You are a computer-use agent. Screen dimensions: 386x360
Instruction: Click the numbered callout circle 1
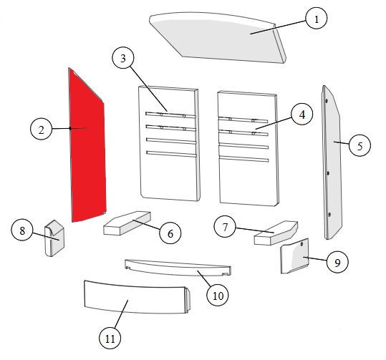pos(317,18)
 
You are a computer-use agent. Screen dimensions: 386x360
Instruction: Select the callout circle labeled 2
pos(41,129)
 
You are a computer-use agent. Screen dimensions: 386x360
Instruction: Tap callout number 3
pos(123,58)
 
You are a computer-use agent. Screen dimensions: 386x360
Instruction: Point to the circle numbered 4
pos(301,115)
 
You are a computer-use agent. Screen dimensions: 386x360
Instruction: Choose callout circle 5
pos(360,145)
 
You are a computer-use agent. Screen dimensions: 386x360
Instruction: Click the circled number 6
pos(170,233)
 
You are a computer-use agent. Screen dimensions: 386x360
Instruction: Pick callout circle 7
pos(225,227)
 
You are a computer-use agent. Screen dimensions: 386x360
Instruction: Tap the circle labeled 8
pos(22,230)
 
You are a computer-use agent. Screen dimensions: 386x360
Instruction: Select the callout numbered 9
pos(337,263)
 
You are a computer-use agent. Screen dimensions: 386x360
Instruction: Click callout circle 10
pos(218,295)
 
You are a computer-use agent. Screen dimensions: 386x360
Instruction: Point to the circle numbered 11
pos(110,338)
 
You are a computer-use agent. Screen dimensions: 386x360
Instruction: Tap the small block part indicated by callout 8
pos(54,238)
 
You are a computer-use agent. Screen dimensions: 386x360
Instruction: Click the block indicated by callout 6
pos(127,223)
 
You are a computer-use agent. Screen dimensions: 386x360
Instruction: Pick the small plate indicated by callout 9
pos(294,256)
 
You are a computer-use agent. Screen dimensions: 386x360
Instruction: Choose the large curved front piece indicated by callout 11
pos(137,297)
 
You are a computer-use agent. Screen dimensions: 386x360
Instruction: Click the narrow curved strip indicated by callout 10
pos(178,268)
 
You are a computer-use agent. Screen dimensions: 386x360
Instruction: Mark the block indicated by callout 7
pos(276,233)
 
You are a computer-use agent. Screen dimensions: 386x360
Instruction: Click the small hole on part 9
pos(301,244)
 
